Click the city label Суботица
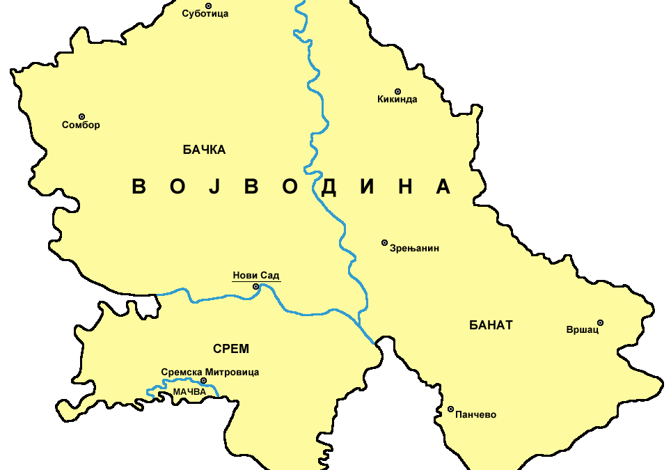coord(205,14)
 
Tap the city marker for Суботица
coord(208,6)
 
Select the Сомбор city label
coord(81,125)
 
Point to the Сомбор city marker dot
coord(81,116)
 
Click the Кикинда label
coord(397,100)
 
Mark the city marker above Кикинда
coord(398,91)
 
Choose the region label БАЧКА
coord(204,150)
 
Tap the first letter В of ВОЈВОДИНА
coord(139,187)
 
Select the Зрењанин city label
coord(415,248)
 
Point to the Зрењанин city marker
coord(384,242)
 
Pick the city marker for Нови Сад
coord(255,286)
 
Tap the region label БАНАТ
coord(491,325)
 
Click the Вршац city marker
coord(600,322)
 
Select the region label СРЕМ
coord(231,349)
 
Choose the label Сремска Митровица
coord(210,372)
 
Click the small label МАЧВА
coord(190,392)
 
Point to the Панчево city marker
coord(450,409)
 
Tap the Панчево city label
coord(475,415)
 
